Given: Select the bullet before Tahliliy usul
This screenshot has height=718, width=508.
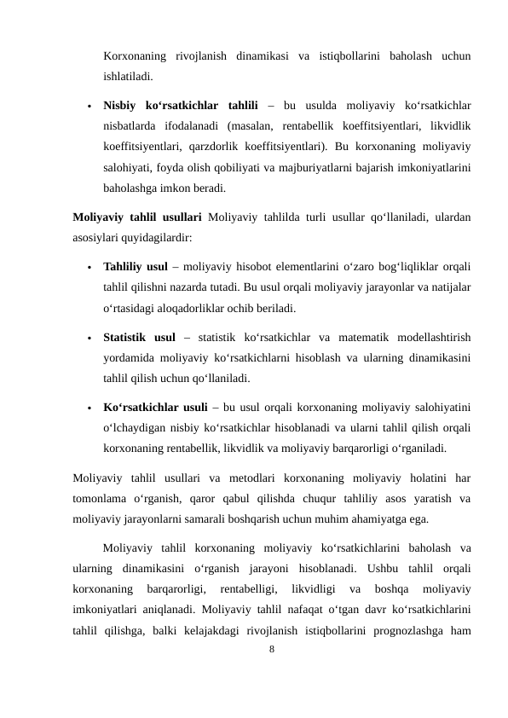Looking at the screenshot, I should click(89, 267).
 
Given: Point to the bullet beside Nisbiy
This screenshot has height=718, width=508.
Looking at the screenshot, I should click(89, 107).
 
